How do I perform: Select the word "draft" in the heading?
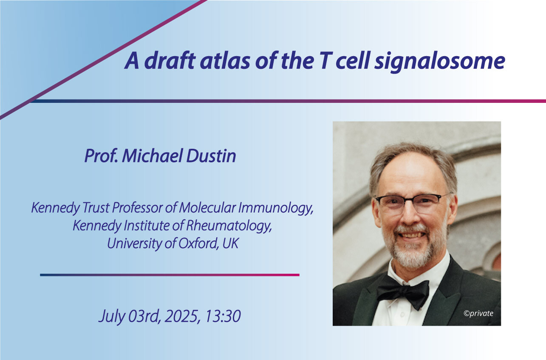click(170, 60)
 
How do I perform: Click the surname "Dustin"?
click(211, 156)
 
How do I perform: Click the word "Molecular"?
click(207, 208)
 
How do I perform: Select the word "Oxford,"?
click(198, 244)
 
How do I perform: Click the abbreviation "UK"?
click(230, 244)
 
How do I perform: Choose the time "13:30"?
click(223, 316)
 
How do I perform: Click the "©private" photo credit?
click(478, 313)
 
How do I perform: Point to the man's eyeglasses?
click(412, 202)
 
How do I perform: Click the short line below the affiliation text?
click(170, 275)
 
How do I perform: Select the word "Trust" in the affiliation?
click(96, 208)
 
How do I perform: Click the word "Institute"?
click(147, 226)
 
